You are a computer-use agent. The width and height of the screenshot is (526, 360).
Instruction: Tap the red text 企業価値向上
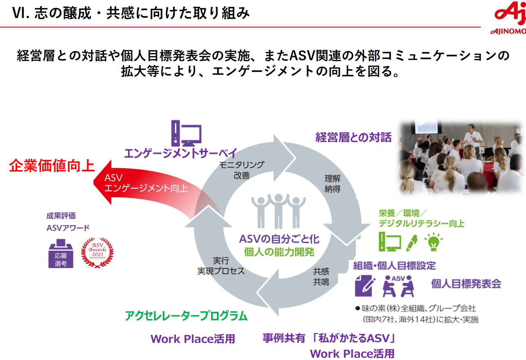[x=52, y=166]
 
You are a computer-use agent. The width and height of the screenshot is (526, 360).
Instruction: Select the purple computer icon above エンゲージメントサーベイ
[x=186, y=133]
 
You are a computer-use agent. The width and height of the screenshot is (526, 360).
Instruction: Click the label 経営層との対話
[x=353, y=137]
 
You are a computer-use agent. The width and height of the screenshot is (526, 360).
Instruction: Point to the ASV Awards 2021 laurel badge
[x=97, y=252]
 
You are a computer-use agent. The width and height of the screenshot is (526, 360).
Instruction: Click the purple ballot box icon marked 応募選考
[x=61, y=254]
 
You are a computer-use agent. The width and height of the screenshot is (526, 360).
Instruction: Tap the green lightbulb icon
[x=433, y=242]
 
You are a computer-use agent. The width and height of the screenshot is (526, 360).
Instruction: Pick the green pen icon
[x=412, y=243]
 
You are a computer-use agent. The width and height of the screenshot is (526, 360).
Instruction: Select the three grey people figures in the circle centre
[x=278, y=210]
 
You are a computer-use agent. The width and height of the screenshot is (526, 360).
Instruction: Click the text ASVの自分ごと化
[x=279, y=239]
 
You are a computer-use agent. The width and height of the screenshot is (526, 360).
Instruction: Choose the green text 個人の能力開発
[x=279, y=252]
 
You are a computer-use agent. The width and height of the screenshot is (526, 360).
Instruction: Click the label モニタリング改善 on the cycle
[x=242, y=170]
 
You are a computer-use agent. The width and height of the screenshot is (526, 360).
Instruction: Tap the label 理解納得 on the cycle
[x=332, y=183]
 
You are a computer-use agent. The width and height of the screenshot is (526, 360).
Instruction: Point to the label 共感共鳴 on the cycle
[x=321, y=276]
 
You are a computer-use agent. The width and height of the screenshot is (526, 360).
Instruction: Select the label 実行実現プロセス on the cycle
[x=221, y=266]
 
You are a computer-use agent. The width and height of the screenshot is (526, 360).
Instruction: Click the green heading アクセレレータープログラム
[x=186, y=316]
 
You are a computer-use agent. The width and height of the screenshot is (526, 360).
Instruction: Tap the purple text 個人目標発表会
[x=466, y=284]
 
